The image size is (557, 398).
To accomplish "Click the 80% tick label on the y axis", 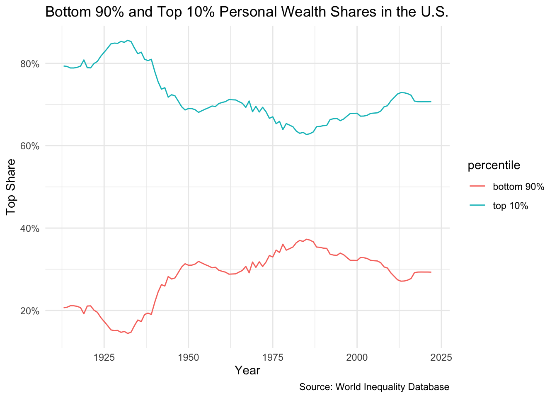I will pos(30,64).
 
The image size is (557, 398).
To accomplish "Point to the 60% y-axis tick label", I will pos(30,146).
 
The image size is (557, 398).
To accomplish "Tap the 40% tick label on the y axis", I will pos(30,228).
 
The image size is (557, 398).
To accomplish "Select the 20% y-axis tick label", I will pos(30,311).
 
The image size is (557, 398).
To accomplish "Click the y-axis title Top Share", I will pos(11,187).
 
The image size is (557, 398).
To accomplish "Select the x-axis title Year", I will pos(247,370).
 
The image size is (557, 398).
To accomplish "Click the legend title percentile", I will pos(494,165).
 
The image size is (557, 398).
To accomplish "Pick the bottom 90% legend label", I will pos(518,187).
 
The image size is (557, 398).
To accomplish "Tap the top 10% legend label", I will pos(510,206).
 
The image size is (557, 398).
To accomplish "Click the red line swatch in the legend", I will pos(477,187).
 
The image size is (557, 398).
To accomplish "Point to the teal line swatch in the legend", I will pos(477,206).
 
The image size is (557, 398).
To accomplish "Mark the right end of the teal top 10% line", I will pos(431,102).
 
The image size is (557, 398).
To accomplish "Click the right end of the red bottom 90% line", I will pos(431,272).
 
